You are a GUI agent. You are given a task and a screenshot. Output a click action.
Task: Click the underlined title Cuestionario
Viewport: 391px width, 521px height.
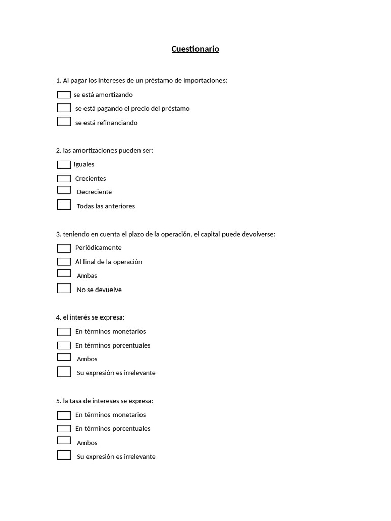pyautogui.click(x=195, y=49)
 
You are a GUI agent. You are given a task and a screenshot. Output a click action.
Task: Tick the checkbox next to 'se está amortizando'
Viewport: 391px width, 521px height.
pyautogui.click(x=64, y=95)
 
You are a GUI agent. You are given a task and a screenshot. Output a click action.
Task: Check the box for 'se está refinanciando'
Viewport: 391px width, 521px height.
pyautogui.click(x=64, y=122)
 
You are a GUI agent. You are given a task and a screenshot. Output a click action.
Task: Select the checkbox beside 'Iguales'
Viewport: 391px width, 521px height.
pyautogui.click(x=64, y=165)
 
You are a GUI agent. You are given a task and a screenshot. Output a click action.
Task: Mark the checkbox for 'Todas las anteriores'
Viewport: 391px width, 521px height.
pyautogui.click(x=64, y=205)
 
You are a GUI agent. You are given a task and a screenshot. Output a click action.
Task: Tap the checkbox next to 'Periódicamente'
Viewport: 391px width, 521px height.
pyautogui.click(x=64, y=248)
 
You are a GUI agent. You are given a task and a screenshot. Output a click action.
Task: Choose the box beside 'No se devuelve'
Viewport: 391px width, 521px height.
pyautogui.click(x=64, y=288)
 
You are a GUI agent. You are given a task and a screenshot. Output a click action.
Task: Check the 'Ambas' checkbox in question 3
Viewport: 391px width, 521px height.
pyautogui.click(x=64, y=273)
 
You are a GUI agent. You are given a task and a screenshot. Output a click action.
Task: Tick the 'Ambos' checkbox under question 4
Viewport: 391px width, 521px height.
pyautogui.click(x=64, y=357)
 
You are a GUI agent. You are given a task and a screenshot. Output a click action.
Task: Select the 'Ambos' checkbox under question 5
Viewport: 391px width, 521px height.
pyautogui.click(x=64, y=440)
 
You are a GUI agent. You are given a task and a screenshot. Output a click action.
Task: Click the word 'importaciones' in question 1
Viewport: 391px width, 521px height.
pyautogui.click(x=204, y=81)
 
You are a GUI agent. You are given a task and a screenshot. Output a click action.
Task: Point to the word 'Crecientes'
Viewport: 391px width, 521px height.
pyautogui.click(x=91, y=179)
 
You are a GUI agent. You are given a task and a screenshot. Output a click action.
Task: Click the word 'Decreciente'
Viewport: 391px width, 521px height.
pyautogui.click(x=94, y=192)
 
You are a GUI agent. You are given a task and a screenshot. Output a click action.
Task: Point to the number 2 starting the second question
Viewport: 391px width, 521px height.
pyautogui.click(x=58, y=151)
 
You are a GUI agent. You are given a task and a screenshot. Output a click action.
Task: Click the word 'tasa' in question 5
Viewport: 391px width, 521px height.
pyautogui.click(x=77, y=401)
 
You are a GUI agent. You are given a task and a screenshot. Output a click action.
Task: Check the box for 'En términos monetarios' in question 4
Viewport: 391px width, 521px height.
pyautogui.click(x=64, y=332)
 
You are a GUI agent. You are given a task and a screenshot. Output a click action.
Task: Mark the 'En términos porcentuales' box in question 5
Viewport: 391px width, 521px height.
pyautogui.click(x=64, y=429)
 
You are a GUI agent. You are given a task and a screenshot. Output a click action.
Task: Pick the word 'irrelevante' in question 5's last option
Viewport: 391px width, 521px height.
pyautogui.click(x=139, y=457)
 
